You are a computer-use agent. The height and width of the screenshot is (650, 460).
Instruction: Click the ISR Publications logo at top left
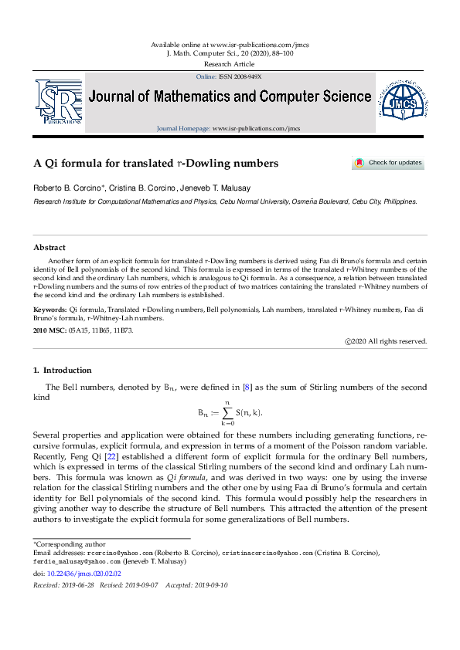pyautogui.click(x=57, y=102)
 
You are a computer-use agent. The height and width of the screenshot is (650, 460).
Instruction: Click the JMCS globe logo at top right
pyautogui.click(x=402, y=102)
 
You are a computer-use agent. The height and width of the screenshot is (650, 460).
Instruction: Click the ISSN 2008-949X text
pyautogui.click(x=240, y=77)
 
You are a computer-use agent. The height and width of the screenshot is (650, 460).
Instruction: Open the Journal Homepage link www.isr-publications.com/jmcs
pyautogui.click(x=256, y=128)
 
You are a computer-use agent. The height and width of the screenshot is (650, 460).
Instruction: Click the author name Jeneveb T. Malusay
pyautogui.click(x=223, y=188)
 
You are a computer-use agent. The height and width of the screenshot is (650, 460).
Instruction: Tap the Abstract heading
pyautogui.click(x=49, y=248)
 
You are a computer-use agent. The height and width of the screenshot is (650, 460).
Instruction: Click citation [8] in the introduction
pyautogui.click(x=247, y=387)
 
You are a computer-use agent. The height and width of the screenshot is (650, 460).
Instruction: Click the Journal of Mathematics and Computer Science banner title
pyautogui.click(x=230, y=97)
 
